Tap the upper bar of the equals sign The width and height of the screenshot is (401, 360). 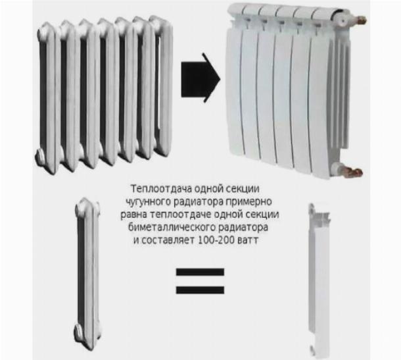tap(200, 272)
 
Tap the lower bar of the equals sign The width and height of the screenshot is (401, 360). tap(200, 290)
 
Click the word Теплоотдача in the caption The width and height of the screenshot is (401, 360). tap(161, 189)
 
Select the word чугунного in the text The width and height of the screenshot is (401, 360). tap(148, 202)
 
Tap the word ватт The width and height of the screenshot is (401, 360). tap(248, 241)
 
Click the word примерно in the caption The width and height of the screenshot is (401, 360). tap(248, 202)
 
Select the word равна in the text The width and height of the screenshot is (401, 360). tap(133, 215)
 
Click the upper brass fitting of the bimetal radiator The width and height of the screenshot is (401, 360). tap(361, 19)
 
